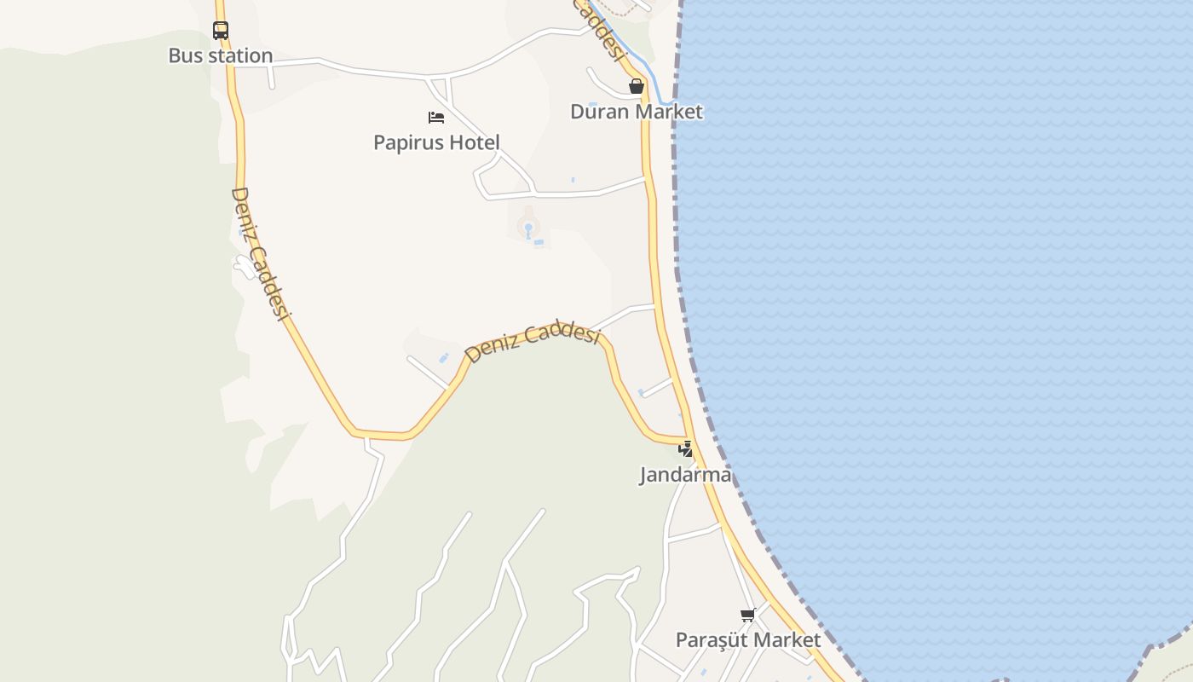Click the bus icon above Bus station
point(221,31)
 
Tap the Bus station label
point(220,56)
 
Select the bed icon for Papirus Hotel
point(436,118)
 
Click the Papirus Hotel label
point(436,142)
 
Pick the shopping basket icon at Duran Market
point(636,86)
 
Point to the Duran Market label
point(637,112)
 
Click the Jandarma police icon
point(685,448)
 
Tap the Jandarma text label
point(686,475)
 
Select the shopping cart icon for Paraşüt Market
point(747,615)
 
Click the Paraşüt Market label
point(748,640)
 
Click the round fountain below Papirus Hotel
point(528,228)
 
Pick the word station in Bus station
point(241,56)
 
